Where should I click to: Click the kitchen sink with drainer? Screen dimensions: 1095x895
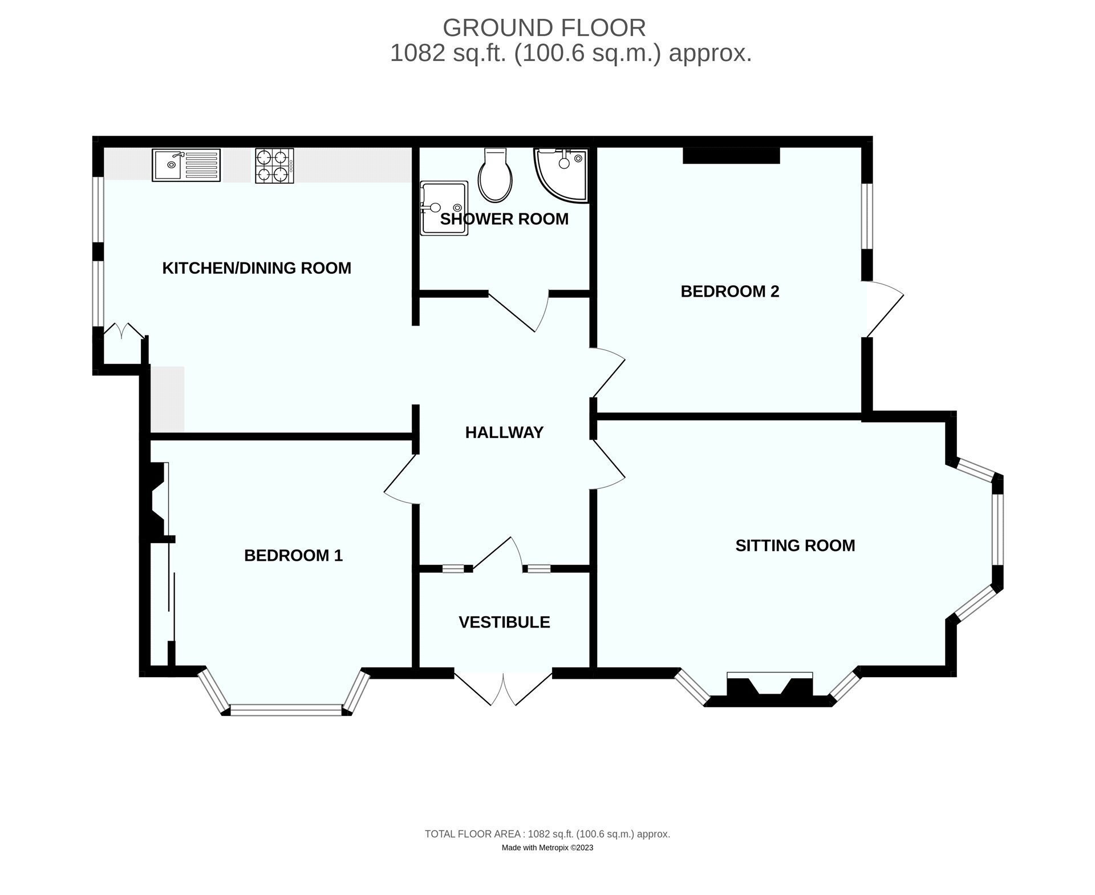click(x=186, y=165)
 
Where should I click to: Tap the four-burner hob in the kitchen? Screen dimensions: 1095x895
click(x=274, y=165)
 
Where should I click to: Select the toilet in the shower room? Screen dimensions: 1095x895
click(x=494, y=175)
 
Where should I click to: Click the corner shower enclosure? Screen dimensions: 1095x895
click(x=561, y=175)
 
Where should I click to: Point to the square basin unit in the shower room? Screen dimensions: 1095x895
click(x=444, y=208)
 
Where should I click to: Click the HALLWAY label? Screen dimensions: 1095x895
click(x=504, y=432)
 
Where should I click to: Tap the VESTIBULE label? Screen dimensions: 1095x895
click(x=504, y=622)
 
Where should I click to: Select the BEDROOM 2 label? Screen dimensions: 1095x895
click(x=729, y=291)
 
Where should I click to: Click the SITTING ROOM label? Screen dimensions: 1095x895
click(x=795, y=545)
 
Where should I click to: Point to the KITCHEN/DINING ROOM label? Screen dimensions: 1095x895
click(x=257, y=268)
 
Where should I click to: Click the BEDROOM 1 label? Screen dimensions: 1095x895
click(x=293, y=556)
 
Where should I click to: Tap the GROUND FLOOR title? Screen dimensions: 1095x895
click(x=544, y=27)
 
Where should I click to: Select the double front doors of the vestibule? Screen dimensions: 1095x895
click(x=504, y=689)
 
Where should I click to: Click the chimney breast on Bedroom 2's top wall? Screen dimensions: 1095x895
click(x=731, y=156)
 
